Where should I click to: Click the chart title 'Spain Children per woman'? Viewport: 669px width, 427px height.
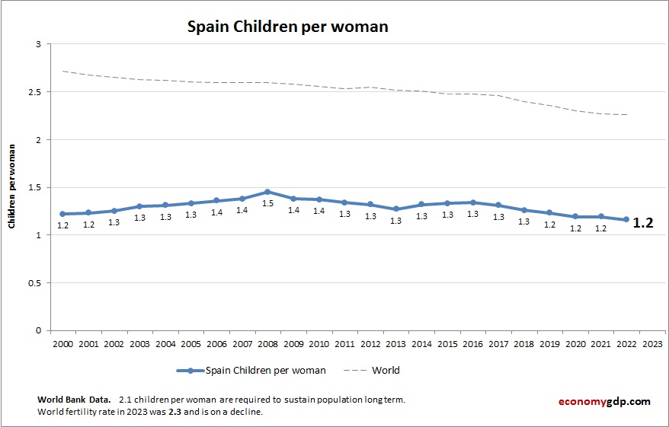coord(288,27)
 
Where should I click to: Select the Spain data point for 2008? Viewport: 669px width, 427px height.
coord(267,192)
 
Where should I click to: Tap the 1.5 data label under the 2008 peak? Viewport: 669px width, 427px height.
coord(267,204)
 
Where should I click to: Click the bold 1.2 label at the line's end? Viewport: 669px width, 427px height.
coord(643,223)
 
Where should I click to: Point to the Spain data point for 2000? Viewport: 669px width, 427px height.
coord(62,214)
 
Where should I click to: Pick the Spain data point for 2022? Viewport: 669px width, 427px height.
coord(626,219)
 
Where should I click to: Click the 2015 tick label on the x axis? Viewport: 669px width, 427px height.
coord(447,343)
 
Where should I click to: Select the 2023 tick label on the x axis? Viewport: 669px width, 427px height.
coord(652,343)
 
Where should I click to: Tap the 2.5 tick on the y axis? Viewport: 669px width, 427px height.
coord(34,92)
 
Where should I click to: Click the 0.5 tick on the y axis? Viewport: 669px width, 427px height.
coord(34,283)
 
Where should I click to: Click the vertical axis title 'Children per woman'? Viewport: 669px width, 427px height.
coord(12,187)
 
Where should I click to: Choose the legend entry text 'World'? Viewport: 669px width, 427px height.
coord(386,371)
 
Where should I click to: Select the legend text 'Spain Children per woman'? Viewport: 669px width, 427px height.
coord(265,371)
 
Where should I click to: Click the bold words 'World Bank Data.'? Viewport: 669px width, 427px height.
coord(74,400)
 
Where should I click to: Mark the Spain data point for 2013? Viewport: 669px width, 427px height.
coord(395,209)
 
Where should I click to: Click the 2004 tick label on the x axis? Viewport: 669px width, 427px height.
coord(165,343)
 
